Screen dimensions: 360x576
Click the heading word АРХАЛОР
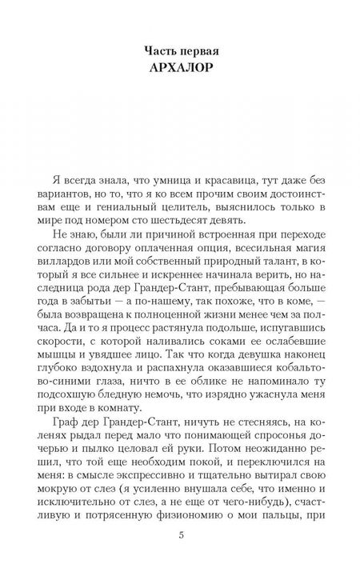(x=179, y=67)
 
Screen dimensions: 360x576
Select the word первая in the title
(x=192, y=49)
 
